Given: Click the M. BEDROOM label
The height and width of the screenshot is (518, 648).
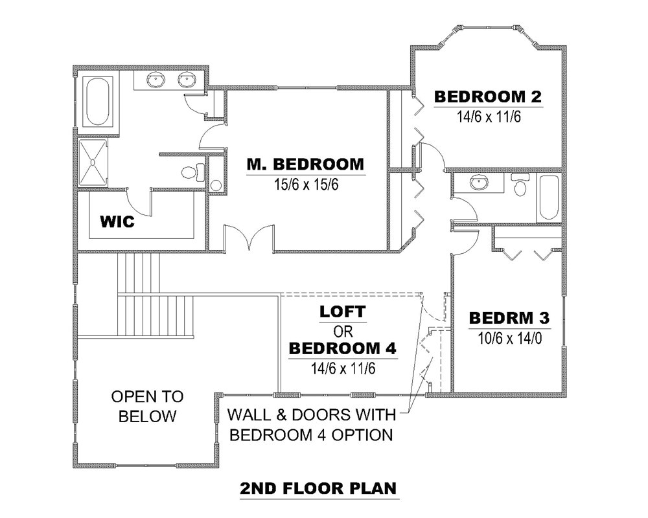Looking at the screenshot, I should tap(305, 164).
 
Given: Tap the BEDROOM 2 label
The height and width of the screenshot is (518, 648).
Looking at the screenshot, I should tap(487, 97).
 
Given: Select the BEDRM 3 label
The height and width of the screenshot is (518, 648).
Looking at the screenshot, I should tap(509, 319).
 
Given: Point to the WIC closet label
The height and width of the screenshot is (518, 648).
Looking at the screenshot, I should tap(117, 222).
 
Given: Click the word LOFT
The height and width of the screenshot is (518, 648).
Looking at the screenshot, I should tap(342, 312).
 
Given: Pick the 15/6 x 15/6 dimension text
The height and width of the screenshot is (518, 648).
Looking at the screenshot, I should tap(305, 185).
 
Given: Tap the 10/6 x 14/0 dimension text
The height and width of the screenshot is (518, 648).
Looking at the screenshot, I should tap(509, 338).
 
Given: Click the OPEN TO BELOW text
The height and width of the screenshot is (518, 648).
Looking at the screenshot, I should tap(147, 406).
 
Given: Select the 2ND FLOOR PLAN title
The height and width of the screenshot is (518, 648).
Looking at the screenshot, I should tap(318, 488).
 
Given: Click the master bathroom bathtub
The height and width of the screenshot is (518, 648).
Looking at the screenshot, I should tap(98, 102).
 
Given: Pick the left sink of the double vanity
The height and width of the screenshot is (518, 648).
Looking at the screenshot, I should tap(156, 80).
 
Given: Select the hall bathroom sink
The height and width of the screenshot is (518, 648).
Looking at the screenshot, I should tap(479, 183).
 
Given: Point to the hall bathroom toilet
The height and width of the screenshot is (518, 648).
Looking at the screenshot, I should tap(520, 186).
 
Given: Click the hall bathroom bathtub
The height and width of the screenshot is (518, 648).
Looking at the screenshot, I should tap(548, 197).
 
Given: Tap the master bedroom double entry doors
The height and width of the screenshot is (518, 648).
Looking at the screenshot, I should tap(248, 239).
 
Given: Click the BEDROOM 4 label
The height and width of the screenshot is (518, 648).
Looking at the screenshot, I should tap(342, 348).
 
